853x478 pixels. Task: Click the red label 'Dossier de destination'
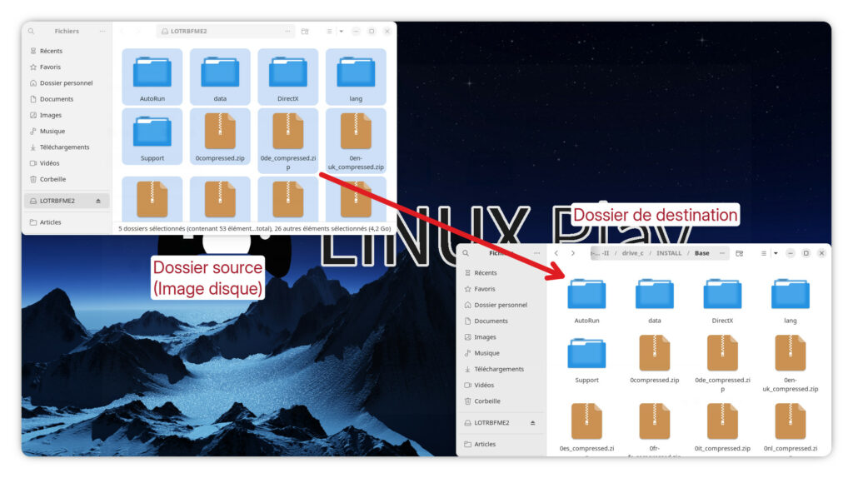click(x=656, y=215)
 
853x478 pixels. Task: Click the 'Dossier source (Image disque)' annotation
click(x=207, y=278)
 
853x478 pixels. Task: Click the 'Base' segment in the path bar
click(x=702, y=253)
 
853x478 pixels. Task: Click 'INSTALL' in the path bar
click(x=669, y=253)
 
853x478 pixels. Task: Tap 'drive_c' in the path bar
click(x=633, y=253)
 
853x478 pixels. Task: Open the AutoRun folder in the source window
click(x=152, y=72)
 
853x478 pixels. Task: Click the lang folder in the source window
click(x=356, y=72)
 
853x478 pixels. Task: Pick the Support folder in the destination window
click(x=586, y=353)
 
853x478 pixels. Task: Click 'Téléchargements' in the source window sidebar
click(x=64, y=147)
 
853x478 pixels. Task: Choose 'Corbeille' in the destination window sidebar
click(x=487, y=401)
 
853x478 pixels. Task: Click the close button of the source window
click(x=387, y=32)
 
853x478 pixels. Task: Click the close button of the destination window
click(x=821, y=253)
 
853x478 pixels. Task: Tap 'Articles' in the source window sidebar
click(x=51, y=222)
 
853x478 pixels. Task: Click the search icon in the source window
click(x=32, y=32)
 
